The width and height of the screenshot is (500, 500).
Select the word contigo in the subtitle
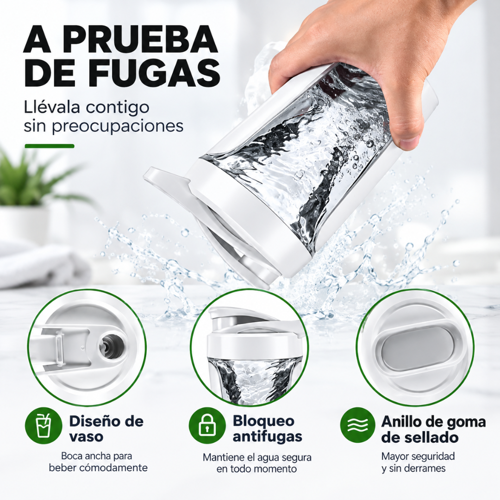(117, 108)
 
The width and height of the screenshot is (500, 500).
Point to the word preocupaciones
(117, 126)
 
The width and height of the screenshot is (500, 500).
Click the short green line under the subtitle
(50, 146)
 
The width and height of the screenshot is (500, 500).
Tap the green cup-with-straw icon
(44, 426)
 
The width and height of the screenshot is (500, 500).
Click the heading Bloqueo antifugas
(267, 429)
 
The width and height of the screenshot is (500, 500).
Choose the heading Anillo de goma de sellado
(433, 429)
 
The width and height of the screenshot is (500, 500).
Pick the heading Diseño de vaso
(106, 429)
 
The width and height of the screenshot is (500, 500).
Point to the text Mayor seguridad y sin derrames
(418, 462)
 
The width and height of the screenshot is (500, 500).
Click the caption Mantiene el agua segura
(257, 457)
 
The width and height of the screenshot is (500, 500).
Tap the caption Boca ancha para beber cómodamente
(98, 462)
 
